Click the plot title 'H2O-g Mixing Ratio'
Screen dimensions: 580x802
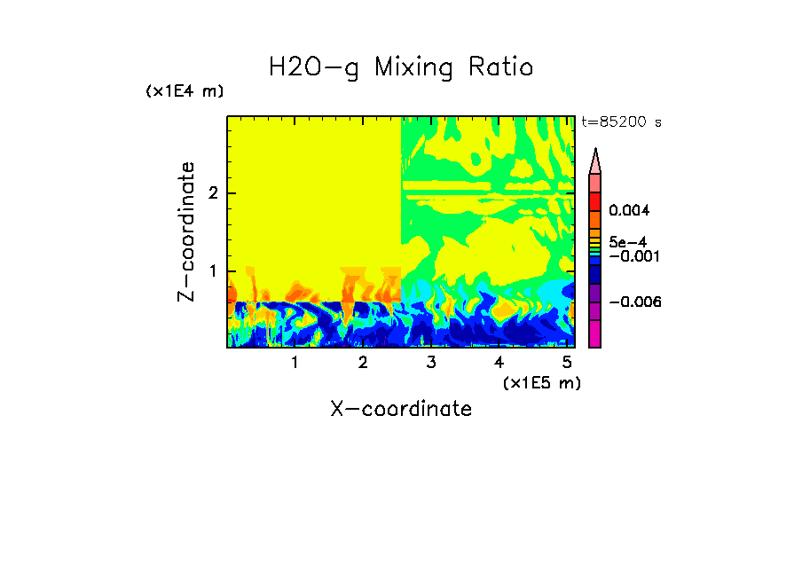pos(401,67)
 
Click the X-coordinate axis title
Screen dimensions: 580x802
pos(401,409)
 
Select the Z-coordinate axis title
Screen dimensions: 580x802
pos(186,231)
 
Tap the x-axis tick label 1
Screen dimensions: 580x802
pos(295,362)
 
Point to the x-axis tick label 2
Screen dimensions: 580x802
pos(363,362)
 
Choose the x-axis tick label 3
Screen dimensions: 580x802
pos(431,362)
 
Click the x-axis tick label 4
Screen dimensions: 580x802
pos(499,362)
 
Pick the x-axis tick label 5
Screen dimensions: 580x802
pos(567,362)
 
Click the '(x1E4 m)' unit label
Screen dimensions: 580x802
pos(185,91)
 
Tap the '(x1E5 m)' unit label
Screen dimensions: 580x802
pos(541,382)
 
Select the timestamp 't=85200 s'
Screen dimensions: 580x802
pos(621,122)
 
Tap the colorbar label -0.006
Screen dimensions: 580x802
pos(635,302)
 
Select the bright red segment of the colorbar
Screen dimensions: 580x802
pos(595,200)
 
